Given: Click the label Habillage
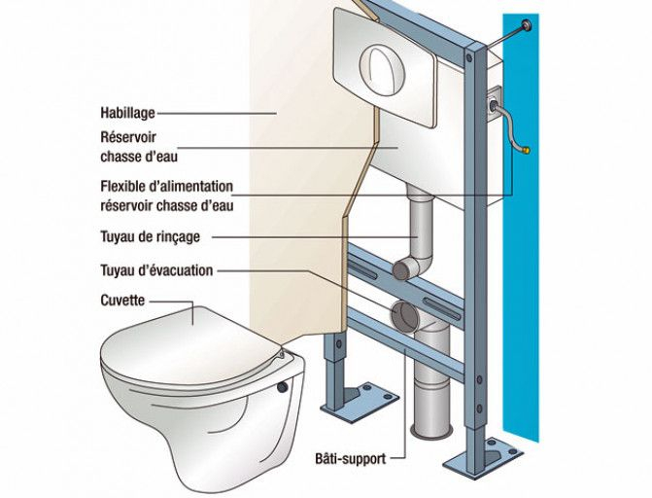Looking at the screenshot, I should tap(127, 113).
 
